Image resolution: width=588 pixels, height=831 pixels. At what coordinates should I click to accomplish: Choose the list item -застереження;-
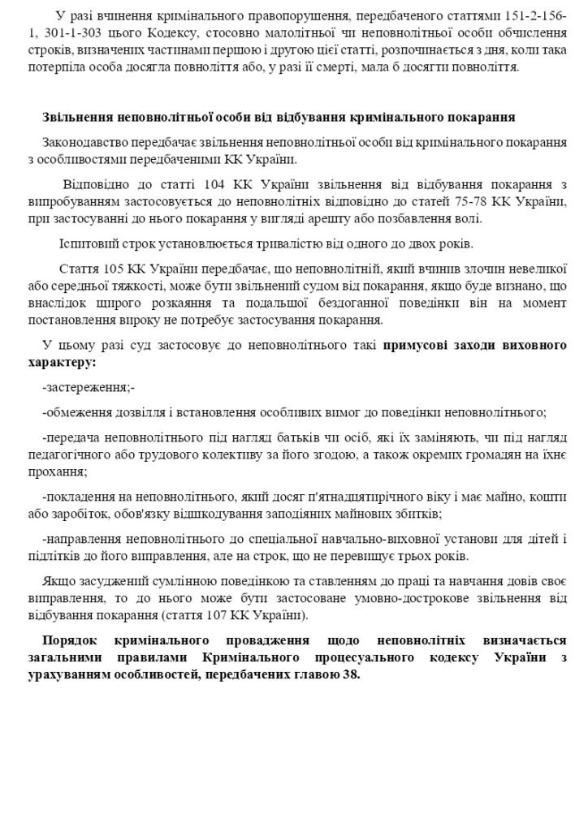coord(89,388)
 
